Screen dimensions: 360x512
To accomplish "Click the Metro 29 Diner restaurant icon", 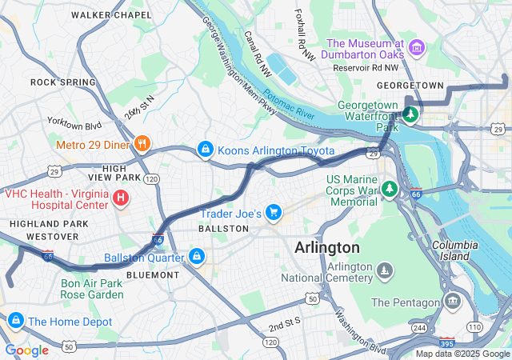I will (x=142, y=143).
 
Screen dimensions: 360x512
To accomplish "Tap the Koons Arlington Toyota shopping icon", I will (x=206, y=150).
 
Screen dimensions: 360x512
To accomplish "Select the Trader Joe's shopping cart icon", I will (x=274, y=212).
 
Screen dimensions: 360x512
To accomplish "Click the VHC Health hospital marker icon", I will (x=120, y=198).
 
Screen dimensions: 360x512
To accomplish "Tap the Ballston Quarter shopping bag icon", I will (x=197, y=257).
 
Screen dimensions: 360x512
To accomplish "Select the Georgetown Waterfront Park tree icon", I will (x=410, y=115).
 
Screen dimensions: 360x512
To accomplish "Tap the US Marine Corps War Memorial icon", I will (x=390, y=189).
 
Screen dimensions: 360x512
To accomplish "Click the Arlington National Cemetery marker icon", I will (x=386, y=271).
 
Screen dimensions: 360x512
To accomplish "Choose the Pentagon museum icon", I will (x=454, y=302).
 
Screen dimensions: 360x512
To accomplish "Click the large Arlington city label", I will (x=327, y=247).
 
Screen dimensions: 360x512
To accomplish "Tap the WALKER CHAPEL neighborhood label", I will (x=110, y=15).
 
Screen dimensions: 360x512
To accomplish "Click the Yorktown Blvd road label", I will (x=74, y=125).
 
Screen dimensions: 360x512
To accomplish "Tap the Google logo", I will (x=26, y=350).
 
